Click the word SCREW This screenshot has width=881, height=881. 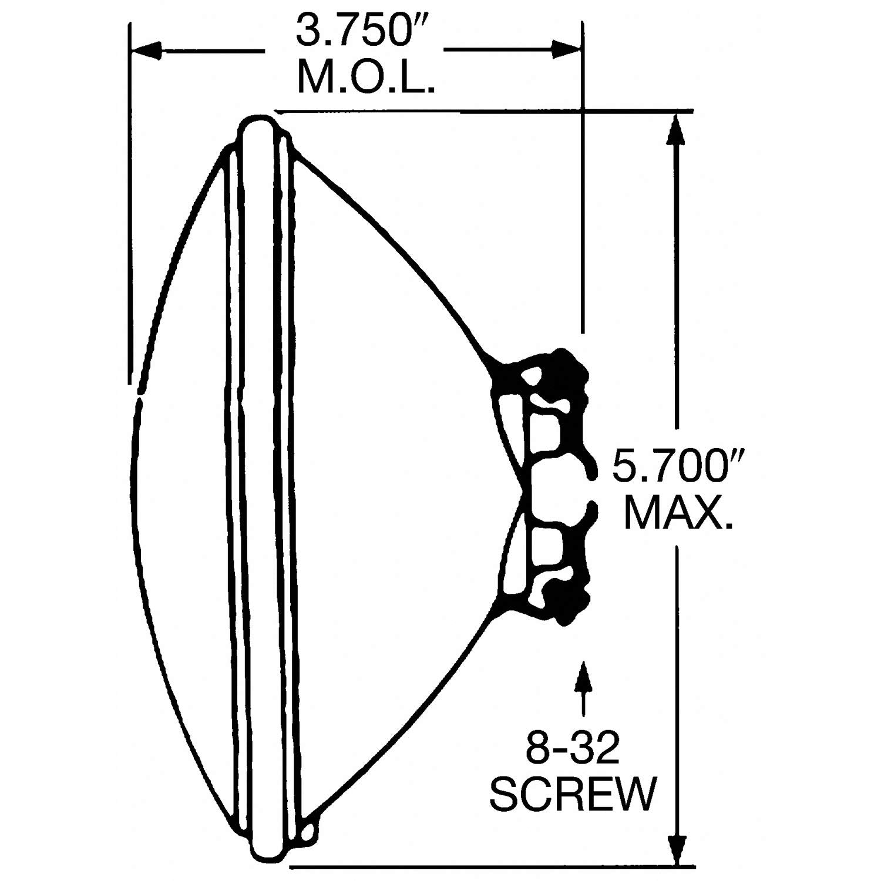[572, 793]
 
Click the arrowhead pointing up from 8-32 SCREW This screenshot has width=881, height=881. [583, 675]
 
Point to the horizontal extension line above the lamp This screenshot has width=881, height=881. [482, 110]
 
